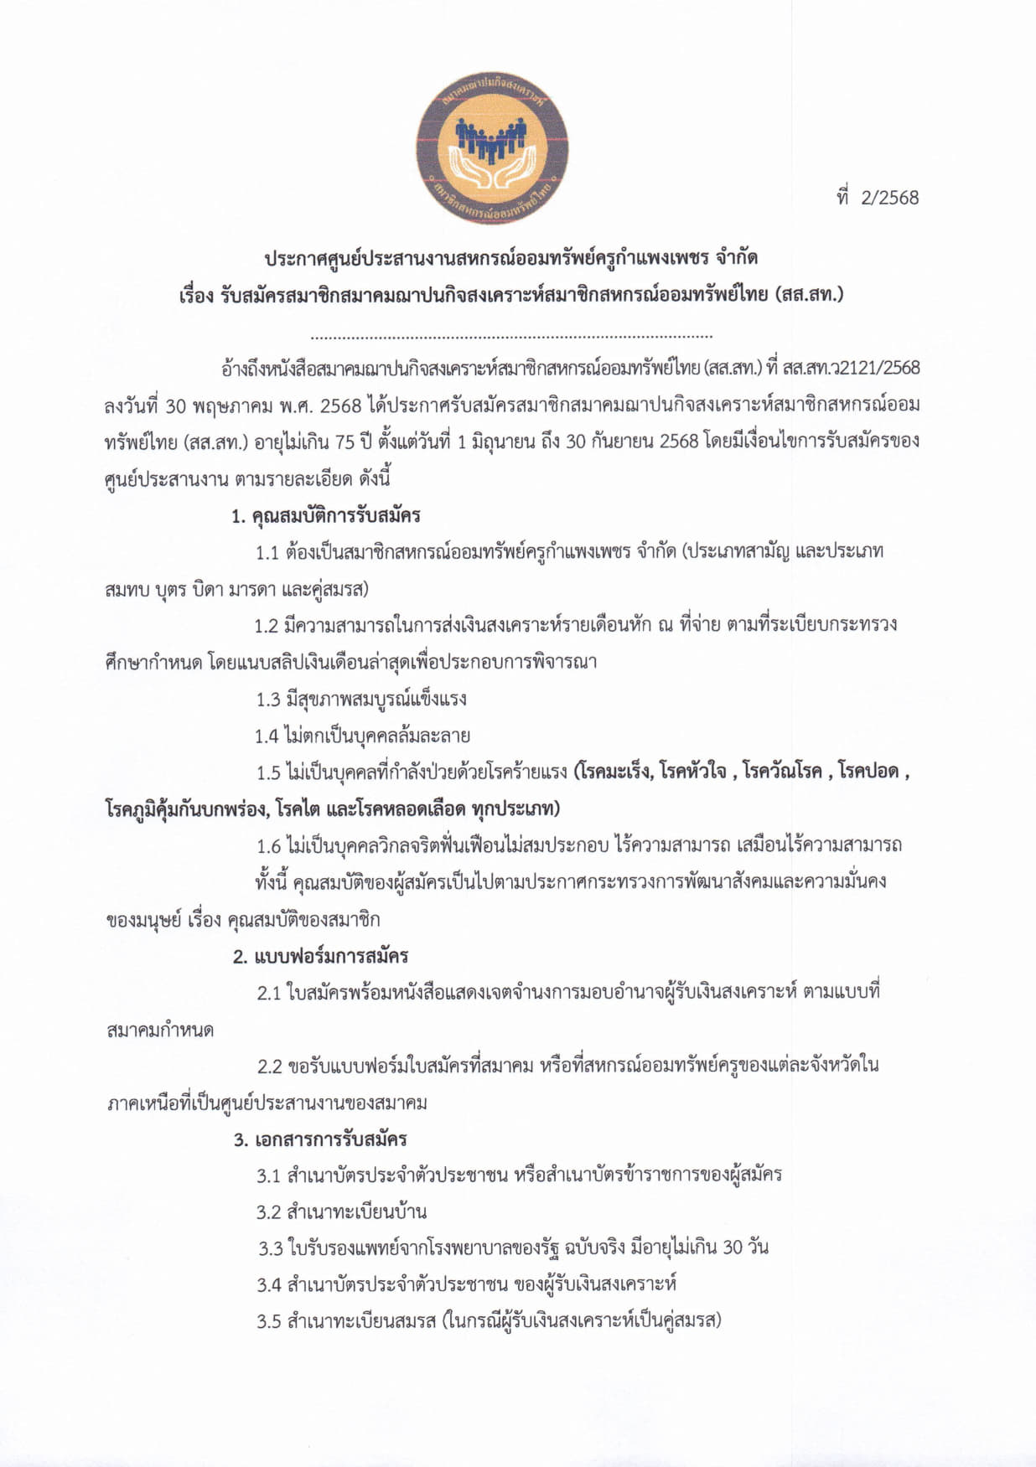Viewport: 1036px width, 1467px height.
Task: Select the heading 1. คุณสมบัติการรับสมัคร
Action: tap(326, 515)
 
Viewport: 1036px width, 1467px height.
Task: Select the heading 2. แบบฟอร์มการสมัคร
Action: tap(320, 955)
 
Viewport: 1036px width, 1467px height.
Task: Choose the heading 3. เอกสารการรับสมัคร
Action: tap(320, 1139)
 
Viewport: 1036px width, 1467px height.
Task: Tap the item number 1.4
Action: tap(267, 736)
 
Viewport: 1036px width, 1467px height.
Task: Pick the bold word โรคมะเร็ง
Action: tap(614, 772)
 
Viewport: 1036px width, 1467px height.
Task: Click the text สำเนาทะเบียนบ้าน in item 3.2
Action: tap(356, 1211)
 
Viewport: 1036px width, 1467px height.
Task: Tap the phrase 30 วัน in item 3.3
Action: tap(745, 1247)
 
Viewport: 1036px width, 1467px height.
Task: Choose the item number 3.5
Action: tap(268, 1321)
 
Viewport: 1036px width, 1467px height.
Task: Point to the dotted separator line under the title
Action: tap(511, 337)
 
